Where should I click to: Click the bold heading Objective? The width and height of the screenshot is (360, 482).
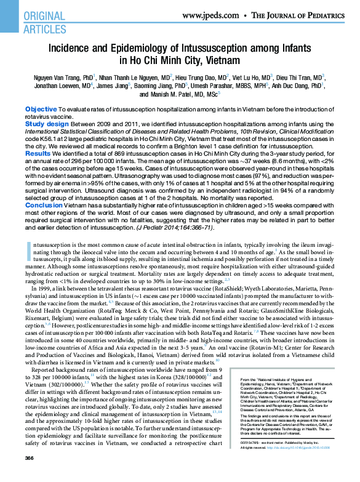click(x=41, y=109)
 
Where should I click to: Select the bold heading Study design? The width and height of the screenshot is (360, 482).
click(x=47, y=123)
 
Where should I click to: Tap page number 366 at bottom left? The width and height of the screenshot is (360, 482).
click(x=29, y=476)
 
